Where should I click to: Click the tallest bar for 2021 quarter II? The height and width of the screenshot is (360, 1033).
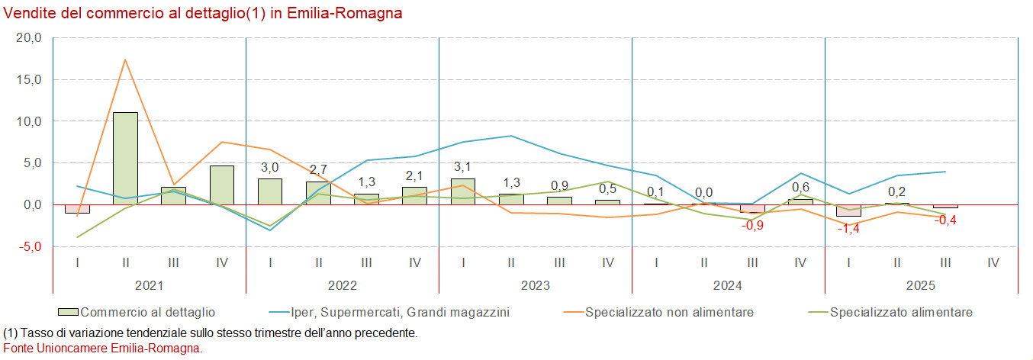point(125,158)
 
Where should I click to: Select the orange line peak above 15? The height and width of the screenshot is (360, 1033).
point(125,59)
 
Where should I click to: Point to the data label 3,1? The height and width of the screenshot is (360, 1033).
point(463,167)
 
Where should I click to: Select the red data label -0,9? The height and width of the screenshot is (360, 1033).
point(752,225)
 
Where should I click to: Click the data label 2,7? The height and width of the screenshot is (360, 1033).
point(317,169)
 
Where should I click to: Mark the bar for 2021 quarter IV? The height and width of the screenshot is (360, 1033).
point(221,185)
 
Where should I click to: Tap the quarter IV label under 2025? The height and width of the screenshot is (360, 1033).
point(993,262)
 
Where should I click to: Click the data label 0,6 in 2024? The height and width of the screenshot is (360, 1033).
point(800,187)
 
